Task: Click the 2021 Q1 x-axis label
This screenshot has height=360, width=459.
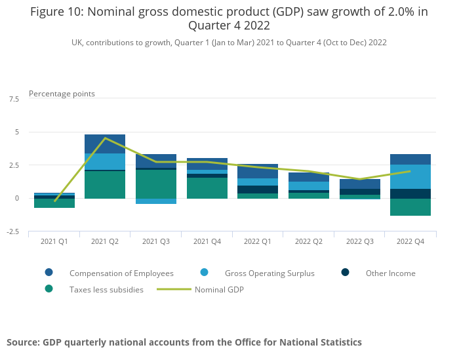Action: (x=54, y=241)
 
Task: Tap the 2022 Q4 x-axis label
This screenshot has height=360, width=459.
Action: (x=410, y=241)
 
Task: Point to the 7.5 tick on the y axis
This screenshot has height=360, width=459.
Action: (x=14, y=99)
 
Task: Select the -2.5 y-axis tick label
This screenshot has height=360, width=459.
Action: (x=12, y=232)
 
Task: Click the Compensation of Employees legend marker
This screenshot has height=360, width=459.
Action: (x=49, y=273)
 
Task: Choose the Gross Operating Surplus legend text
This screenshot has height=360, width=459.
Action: (x=269, y=273)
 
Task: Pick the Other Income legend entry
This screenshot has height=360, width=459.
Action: (x=390, y=273)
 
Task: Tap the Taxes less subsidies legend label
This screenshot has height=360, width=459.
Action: (x=106, y=289)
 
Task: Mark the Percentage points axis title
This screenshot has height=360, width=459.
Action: (x=62, y=94)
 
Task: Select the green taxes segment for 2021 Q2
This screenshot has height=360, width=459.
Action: (x=105, y=185)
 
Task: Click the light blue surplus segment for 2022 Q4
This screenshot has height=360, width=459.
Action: (x=410, y=176)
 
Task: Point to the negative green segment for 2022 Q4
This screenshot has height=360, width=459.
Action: (x=410, y=207)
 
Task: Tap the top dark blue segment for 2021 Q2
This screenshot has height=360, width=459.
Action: (x=105, y=144)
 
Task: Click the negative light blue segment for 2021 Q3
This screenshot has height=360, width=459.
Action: (x=156, y=201)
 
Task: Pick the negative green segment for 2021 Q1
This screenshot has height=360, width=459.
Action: (x=54, y=203)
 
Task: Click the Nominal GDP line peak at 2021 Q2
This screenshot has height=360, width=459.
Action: (x=105, y=138)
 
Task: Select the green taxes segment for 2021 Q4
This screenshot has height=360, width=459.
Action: (x=207, y=188)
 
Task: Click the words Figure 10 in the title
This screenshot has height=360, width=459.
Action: (x=56, y=12)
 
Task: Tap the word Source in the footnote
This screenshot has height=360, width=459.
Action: (x=22, y=342)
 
